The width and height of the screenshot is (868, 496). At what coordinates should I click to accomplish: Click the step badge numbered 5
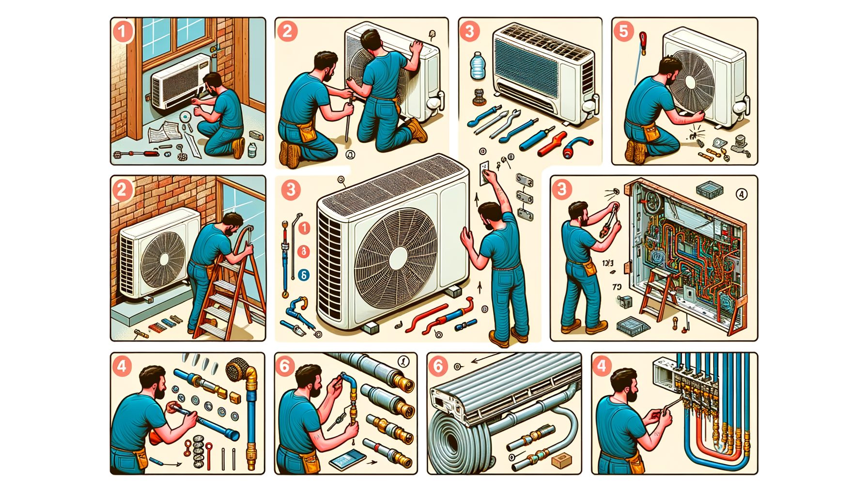[624, 31]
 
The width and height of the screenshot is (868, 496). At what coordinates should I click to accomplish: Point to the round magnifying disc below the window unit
[185, 117]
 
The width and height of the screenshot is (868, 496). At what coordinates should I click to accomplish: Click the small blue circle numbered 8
[303, 275]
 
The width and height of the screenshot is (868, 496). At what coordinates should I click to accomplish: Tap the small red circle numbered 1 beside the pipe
[304, 228]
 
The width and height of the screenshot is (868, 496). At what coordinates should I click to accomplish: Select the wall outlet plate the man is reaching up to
[484, 173]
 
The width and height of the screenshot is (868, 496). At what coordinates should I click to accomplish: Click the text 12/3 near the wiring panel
[608, 263]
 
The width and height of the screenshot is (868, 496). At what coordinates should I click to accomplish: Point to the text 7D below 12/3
[617, 287]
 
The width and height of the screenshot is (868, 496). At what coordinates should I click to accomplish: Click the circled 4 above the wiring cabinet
[741, 194]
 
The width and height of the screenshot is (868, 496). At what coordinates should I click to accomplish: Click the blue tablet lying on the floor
[347, 458]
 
